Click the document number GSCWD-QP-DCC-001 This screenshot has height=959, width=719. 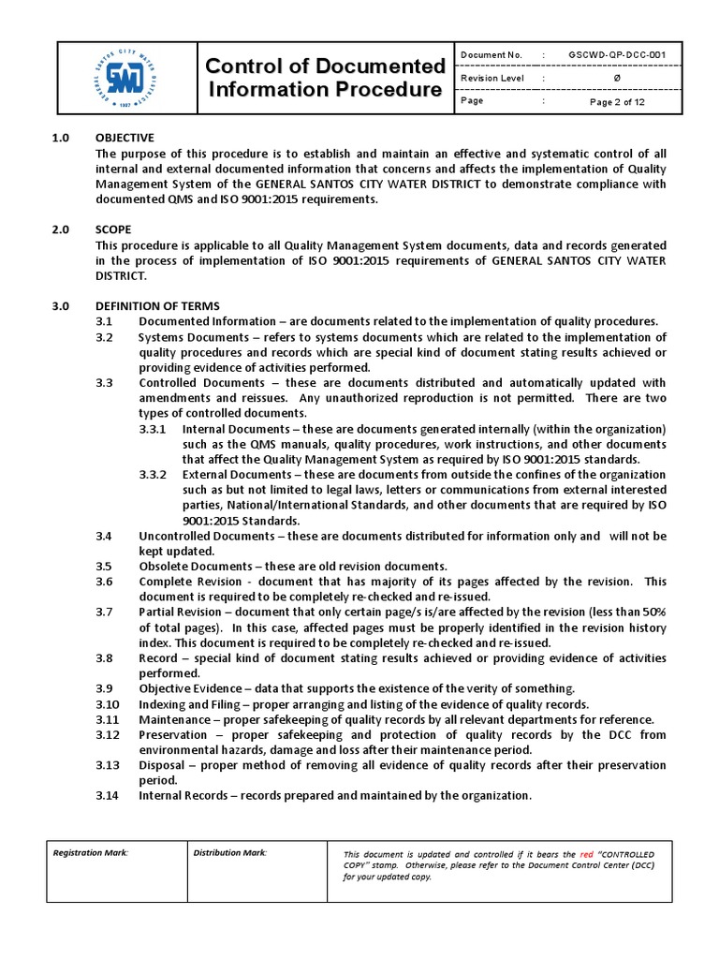pyautogui.click(x=617, y=56)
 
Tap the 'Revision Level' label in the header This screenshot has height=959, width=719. pyautogui.click(x=492, y=79)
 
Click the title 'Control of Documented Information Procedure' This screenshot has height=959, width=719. pyautogui.click(x=324, y=78)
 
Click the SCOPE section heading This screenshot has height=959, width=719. pyautogui.click(x=113, y=229)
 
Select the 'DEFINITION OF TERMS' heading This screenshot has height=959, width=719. pyautogui.click(x=158, y=306)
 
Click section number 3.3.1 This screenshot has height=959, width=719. pyautogui.click(x=153, y=428)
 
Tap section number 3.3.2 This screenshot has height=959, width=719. pyautogui.click(x=153, y=474)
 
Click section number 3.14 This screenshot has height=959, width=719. pyautogui.click(x=109, y=796)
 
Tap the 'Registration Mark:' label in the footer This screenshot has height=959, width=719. pyautogui.click(x=91, y=852)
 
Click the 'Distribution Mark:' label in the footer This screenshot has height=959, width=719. pyautogui.click(x=230, y=852)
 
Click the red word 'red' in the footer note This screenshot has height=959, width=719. pyautogui.click(x=587, y=855)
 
